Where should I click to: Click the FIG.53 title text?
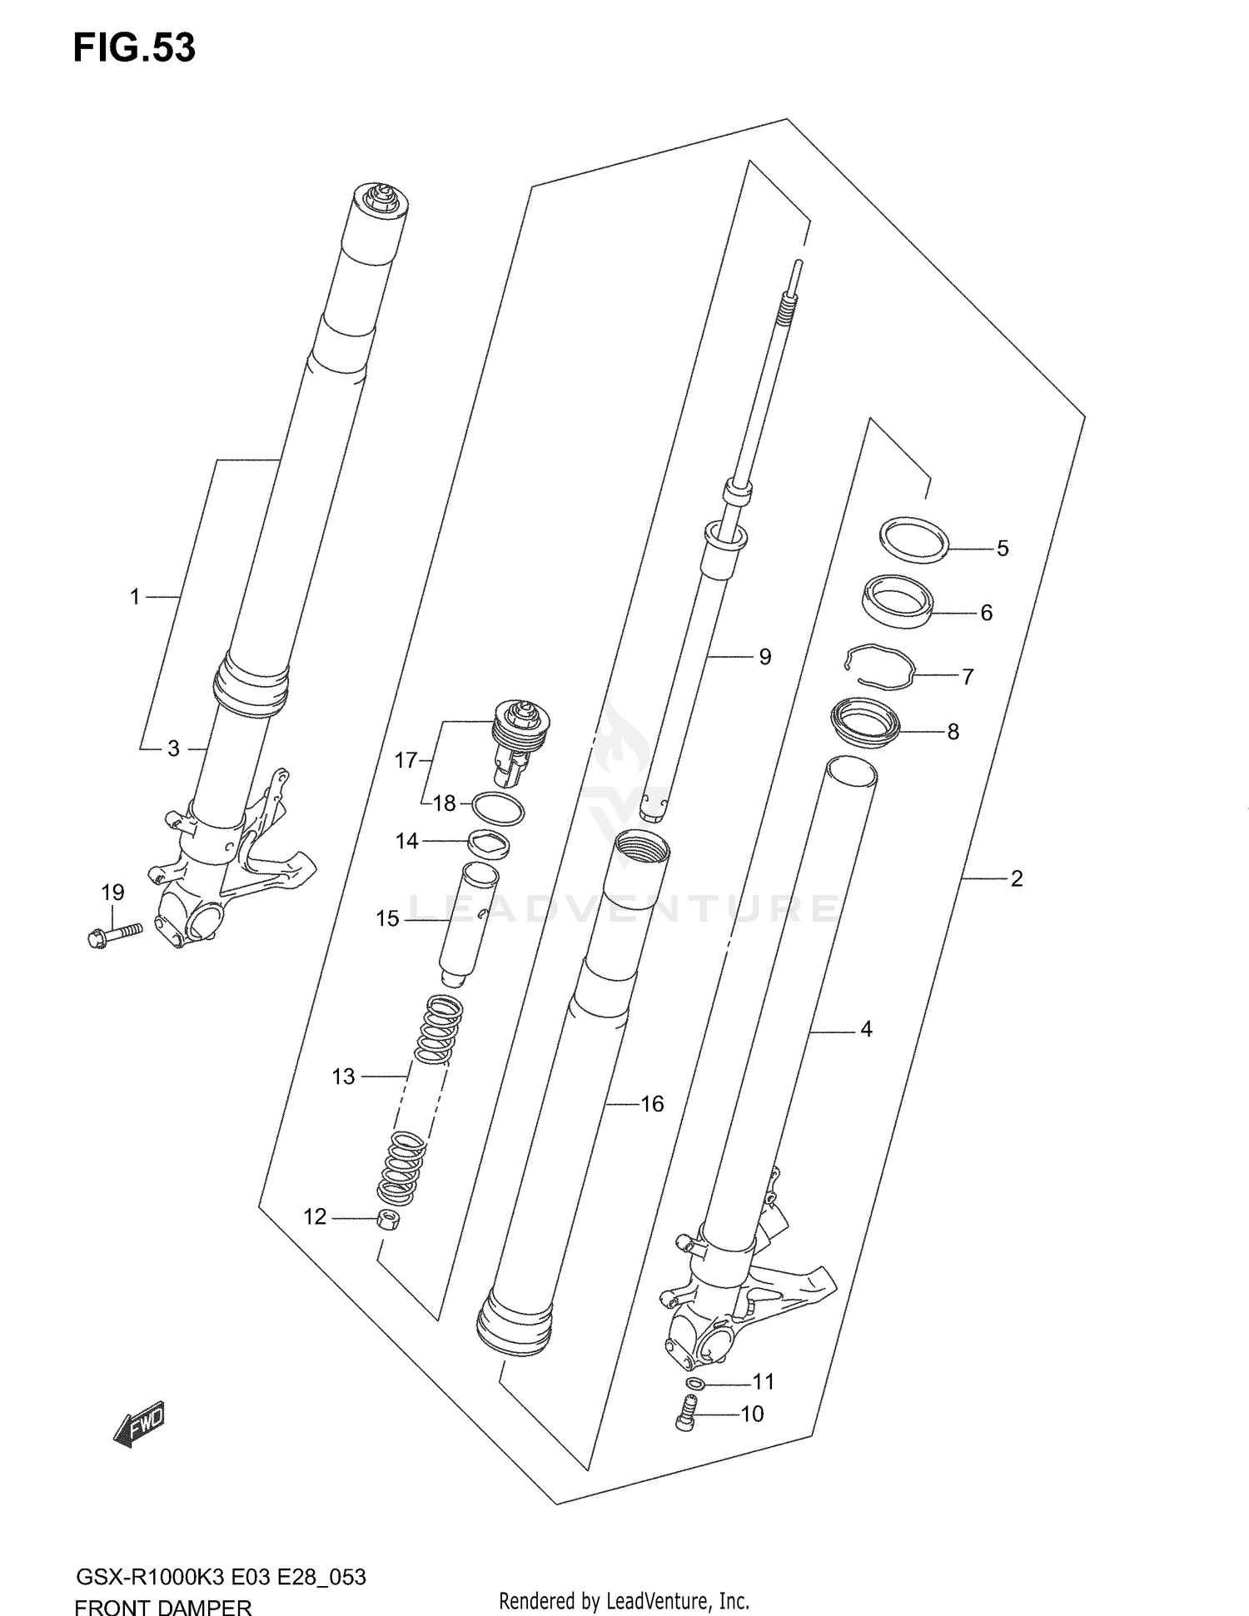pos(134,48)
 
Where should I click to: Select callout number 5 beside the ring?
pos(1003,549)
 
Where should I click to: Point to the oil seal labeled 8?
pos(867,722)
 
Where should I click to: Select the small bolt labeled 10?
pos(685,1414)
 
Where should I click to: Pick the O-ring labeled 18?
pos(498,808)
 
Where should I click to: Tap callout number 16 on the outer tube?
pos(652,1104)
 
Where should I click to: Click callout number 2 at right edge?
pos(1016,878)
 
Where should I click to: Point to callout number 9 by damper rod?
pos(764,657)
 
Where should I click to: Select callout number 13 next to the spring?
pos(343,1077)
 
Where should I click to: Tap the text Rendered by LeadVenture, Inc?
pos(624,1600)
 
